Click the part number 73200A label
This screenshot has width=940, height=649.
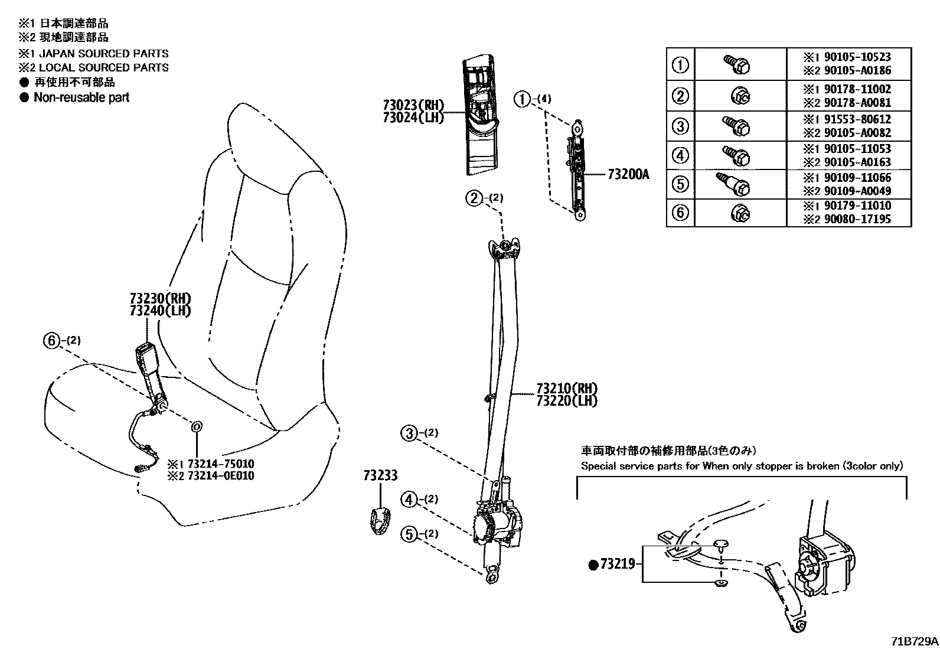coord(628,175)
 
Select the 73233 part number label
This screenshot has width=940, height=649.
coord(380,475)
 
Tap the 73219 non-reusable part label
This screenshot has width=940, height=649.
coord(617,565)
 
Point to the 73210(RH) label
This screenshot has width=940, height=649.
coord(567,389)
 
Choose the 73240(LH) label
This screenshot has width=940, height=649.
coord(160,311)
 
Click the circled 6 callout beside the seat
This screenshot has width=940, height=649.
coord(52,340)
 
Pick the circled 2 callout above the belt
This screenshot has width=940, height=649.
coord(474,198)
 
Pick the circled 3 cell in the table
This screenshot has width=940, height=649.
coord(681,126)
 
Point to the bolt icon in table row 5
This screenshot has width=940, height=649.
coord(734,184)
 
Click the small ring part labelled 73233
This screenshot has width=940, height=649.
coord(379,520)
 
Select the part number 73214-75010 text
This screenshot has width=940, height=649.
coord(219,464)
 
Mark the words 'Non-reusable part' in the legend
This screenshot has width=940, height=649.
coord(81,97)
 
